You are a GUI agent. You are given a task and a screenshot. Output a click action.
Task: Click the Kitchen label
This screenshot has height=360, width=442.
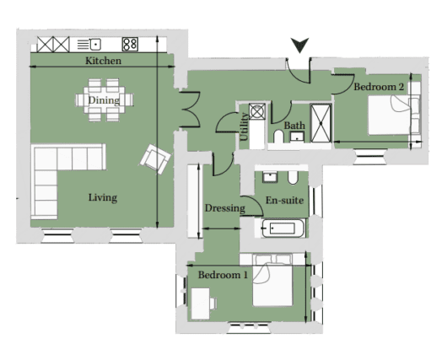(x=103, y=61)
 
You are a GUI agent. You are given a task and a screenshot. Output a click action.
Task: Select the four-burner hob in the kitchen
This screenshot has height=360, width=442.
(x=130, y=44)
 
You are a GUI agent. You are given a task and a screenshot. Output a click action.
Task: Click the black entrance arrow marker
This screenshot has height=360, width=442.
(x=300, y=45)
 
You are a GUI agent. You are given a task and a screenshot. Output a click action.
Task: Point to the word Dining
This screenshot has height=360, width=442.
(x=104, y=100)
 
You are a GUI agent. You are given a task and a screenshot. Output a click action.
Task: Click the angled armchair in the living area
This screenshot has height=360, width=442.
(x=155, y=159)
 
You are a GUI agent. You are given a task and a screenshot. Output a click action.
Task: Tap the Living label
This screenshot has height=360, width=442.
(x=103, y=198)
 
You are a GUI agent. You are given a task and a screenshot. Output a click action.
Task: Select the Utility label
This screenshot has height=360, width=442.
(x=244, y=126)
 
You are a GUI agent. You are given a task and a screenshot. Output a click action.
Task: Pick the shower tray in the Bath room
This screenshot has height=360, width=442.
(x=321, y=123)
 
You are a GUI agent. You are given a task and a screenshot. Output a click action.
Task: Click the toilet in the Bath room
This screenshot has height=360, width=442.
(x=279, y=137)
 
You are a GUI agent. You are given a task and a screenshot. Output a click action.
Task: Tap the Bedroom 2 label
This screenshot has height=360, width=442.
(x=379, y=87)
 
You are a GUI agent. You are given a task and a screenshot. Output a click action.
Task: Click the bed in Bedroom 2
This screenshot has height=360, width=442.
(x=395, y=115)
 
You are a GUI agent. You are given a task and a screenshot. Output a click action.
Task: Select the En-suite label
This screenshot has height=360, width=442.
(x=284, y=201)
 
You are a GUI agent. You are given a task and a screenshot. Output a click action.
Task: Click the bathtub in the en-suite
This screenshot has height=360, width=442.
(x=283, y=228)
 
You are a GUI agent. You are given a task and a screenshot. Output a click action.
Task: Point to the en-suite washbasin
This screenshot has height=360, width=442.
(x=270, y=176)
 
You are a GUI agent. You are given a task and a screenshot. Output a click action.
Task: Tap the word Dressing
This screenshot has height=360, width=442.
(x=224, y=208)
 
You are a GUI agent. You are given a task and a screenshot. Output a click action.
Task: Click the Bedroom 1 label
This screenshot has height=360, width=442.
(x=223, y=275)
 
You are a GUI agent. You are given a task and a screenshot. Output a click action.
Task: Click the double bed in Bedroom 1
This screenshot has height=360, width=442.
(x=272, y=281)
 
